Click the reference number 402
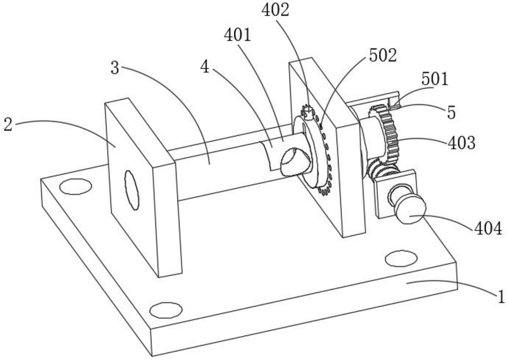(275, 10)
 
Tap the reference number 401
(237, 35)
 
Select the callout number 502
(382, 56)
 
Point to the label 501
(435, 79)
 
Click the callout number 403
(461, 143)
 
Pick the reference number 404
(488, 229)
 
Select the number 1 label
(501, 297)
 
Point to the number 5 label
(451, 113)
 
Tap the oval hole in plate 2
(132, 190)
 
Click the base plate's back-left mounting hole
(76, 186)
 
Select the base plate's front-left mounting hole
(166, 310)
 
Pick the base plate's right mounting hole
(401, 258)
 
